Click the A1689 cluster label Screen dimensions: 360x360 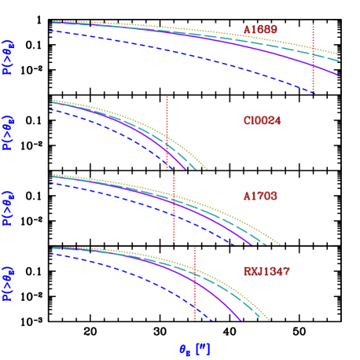pos(259,30)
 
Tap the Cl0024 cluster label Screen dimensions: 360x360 pos(262,121)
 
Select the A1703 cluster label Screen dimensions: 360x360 pos(259,195)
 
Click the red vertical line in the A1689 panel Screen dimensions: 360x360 pos(313,59)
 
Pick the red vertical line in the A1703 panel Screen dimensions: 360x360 pos(174,208)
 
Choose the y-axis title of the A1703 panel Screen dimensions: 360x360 pos(8,208)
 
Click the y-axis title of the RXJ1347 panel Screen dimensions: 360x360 pos(8,283)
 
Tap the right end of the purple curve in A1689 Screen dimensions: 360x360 pos(338,75)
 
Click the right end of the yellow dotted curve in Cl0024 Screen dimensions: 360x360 pos(207,169)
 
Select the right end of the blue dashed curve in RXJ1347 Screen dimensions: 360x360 pos(212,321)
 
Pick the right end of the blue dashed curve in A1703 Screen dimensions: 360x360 pos(234,244)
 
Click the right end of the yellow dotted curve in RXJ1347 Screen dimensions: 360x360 pos(270,321)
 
